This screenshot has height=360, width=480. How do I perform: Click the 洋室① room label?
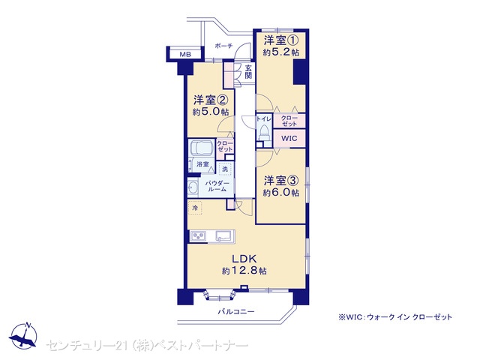pos(280,40)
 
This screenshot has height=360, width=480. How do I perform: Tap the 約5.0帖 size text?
pos(211,112)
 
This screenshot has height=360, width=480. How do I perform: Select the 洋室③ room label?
pos(280,181)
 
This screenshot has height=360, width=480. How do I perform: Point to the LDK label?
pos(244,259)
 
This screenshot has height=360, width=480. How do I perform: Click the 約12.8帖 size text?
pos(244,271)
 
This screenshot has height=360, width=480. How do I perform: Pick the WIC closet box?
pos(289,138)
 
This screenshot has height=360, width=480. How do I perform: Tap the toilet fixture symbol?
pos(263,133)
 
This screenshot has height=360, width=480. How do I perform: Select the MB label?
pos(185,55)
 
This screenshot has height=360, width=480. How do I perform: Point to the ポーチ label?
pos(223,46)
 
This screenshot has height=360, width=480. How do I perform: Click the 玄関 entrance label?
pos(248,72)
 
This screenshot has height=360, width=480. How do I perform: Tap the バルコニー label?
pos(236,312)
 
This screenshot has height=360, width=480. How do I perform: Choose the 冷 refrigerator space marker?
pos(195,208)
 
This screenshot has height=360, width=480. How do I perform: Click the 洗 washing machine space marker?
pos(225,169)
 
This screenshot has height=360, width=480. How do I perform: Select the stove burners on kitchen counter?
pos(198,236)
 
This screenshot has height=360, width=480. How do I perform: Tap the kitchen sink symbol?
pos(224,236)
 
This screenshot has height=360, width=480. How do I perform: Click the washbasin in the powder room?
pos(193,188)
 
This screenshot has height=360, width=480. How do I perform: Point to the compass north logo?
pos(23,336)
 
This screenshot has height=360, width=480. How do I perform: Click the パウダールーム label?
pos(217,186)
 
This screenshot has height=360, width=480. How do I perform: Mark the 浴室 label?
pos(202,164)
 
